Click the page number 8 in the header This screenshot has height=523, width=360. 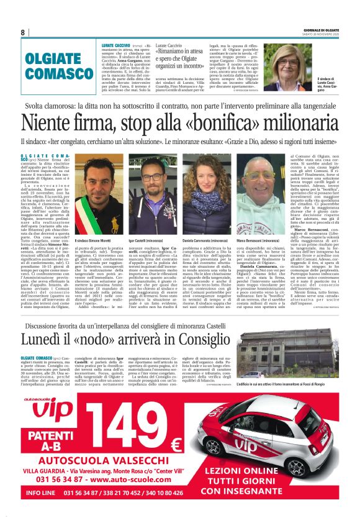pyautogui.click(x=22, y=32)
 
